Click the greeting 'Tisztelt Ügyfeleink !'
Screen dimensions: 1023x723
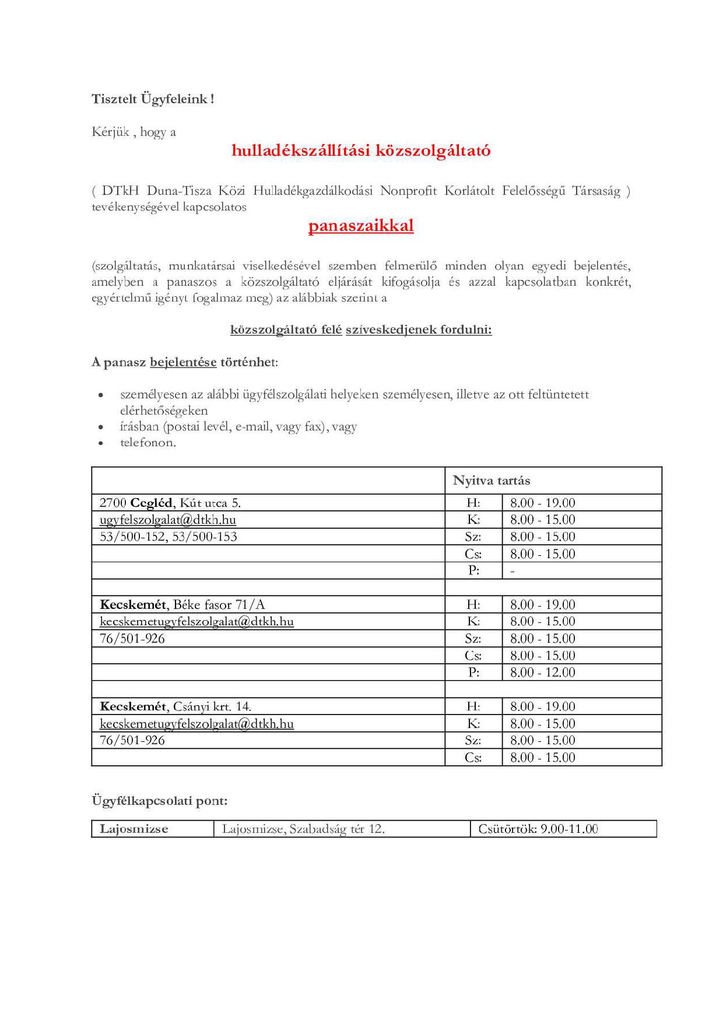(153, 99)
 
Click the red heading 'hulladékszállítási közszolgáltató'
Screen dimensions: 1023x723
(361, 150)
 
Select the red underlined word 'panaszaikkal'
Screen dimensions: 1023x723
(361, 226)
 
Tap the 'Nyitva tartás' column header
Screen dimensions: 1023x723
(492, 481)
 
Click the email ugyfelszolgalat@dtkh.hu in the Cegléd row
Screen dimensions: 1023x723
(168, 520)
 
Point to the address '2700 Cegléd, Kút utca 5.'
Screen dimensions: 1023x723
(170, 503)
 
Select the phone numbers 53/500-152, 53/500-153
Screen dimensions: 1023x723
(169, 537)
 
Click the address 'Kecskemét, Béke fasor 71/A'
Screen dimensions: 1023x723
(182, 605)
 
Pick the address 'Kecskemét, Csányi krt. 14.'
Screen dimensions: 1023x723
(176, 707)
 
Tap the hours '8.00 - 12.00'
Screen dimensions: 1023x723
(543, 672)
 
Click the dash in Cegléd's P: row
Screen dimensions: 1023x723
(513, 571)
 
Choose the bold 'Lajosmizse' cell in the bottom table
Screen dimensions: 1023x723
(134, 829)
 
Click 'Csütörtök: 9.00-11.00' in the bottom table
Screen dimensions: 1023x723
(538, 829)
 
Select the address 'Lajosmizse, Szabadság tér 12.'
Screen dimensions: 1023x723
(303, 829)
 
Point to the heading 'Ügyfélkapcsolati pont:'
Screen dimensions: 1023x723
(159, 801)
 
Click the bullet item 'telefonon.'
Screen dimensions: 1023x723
(148, 443)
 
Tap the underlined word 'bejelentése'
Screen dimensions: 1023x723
(183, 362)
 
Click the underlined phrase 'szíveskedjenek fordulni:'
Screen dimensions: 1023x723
(419, 330)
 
